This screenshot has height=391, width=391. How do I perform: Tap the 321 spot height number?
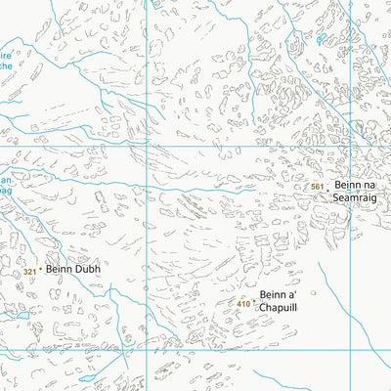coord(29,272)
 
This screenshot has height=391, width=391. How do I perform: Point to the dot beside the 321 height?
coord(40,271)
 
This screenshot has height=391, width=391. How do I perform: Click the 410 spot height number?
coord(243,304)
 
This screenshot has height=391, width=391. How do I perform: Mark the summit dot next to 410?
coord(254,303)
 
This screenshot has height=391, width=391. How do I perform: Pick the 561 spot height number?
coord(316,187)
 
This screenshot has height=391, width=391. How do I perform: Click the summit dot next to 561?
coord(326,186)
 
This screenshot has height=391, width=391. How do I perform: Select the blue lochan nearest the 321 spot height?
coord(19,318)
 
